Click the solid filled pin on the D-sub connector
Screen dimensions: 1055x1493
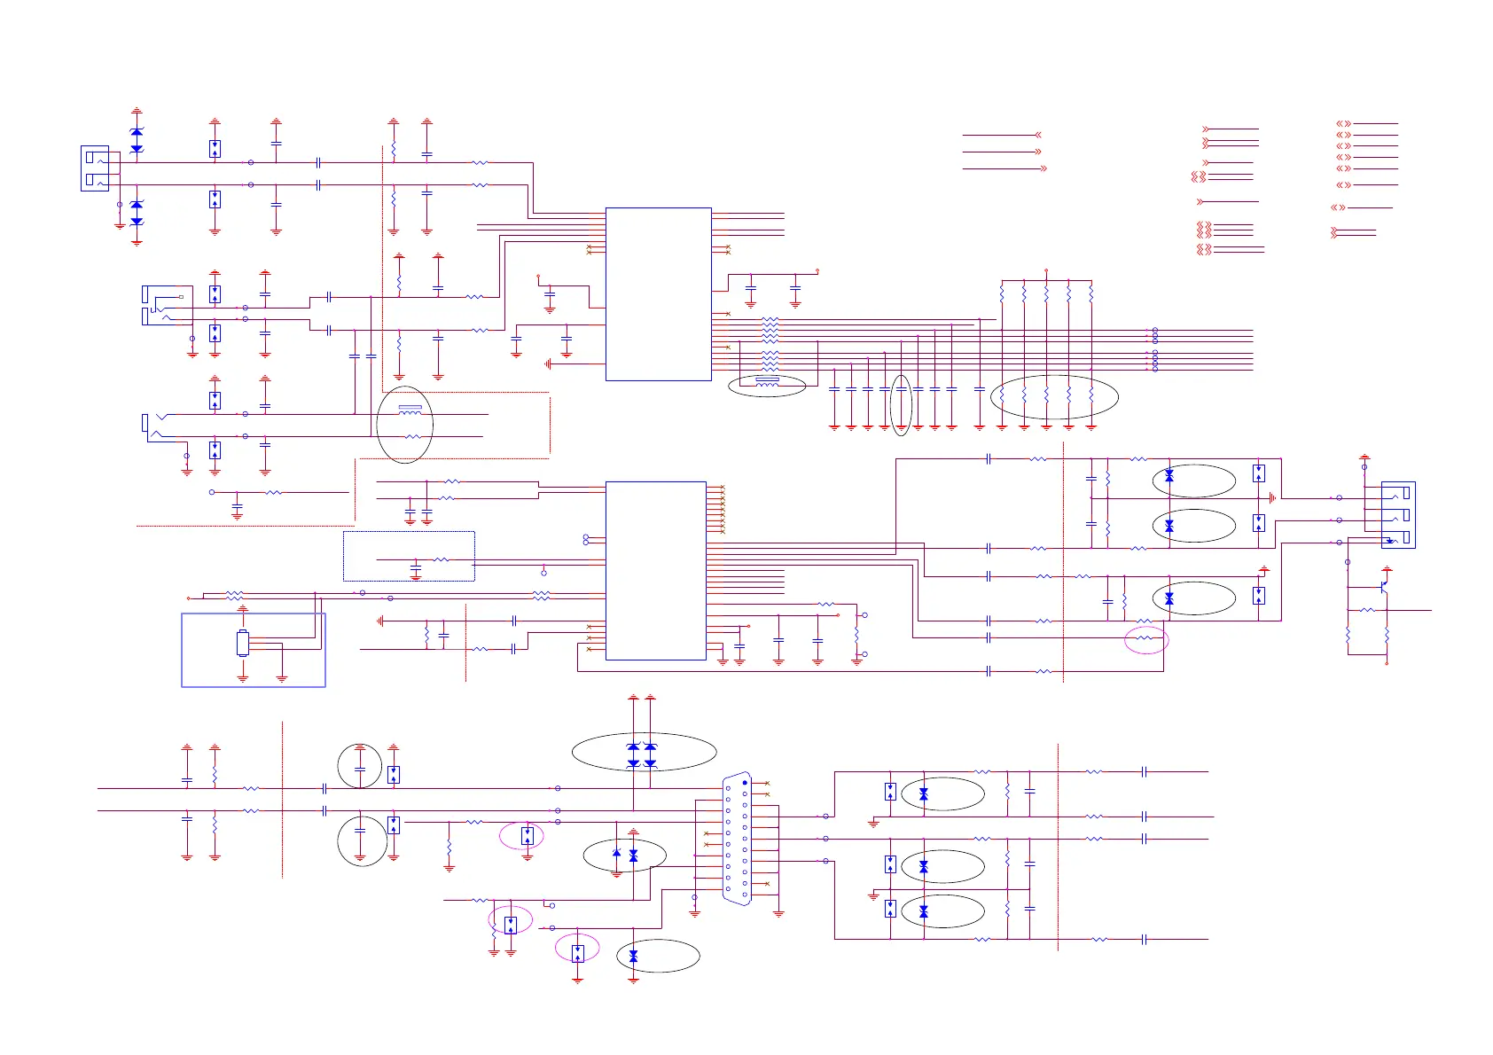point(745,783)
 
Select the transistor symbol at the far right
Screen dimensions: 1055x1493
point(1384,587)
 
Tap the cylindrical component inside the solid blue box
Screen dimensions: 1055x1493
point(243,644)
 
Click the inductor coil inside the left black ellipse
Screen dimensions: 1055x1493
point(410,410)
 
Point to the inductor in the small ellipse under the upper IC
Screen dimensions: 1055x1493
point(767,381)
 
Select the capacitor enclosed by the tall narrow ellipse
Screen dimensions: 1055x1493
point(901,389)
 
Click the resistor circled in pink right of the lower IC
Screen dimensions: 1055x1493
point(1145,637)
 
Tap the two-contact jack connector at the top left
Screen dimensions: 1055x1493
point(95,168)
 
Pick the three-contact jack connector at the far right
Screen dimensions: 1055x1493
point(1398,515)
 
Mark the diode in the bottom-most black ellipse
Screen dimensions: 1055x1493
point(633,957)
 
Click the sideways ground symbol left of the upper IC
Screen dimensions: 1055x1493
point(550,363)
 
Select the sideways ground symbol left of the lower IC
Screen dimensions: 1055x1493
point(381,621)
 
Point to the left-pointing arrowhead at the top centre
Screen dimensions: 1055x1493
point(1038,136)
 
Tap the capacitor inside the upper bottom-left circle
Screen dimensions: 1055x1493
point(360,766)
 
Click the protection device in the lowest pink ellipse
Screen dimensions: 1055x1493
point(578,953)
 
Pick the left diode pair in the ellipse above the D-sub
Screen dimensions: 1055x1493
point(633,754)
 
